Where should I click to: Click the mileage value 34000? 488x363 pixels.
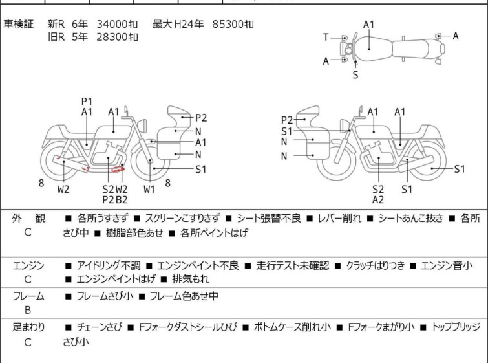[111, 25]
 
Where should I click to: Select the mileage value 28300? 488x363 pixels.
[111, 37]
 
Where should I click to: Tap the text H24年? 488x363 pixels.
[189, 25]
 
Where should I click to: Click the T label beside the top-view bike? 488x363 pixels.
[326, 38]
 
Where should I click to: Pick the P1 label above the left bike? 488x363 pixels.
[87, 101]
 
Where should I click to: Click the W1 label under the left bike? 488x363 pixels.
[149, 190]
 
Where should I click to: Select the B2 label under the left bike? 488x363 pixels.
[122, 199]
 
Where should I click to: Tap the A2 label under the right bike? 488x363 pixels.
[378, 199]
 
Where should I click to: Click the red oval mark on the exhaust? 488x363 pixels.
[118, 170]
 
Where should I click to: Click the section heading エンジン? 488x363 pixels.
[28, 265]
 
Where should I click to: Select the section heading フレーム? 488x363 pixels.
[28, 296]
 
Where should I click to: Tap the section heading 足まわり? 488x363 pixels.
[28, 327]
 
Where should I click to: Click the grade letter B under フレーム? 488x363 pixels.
[28, 310]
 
